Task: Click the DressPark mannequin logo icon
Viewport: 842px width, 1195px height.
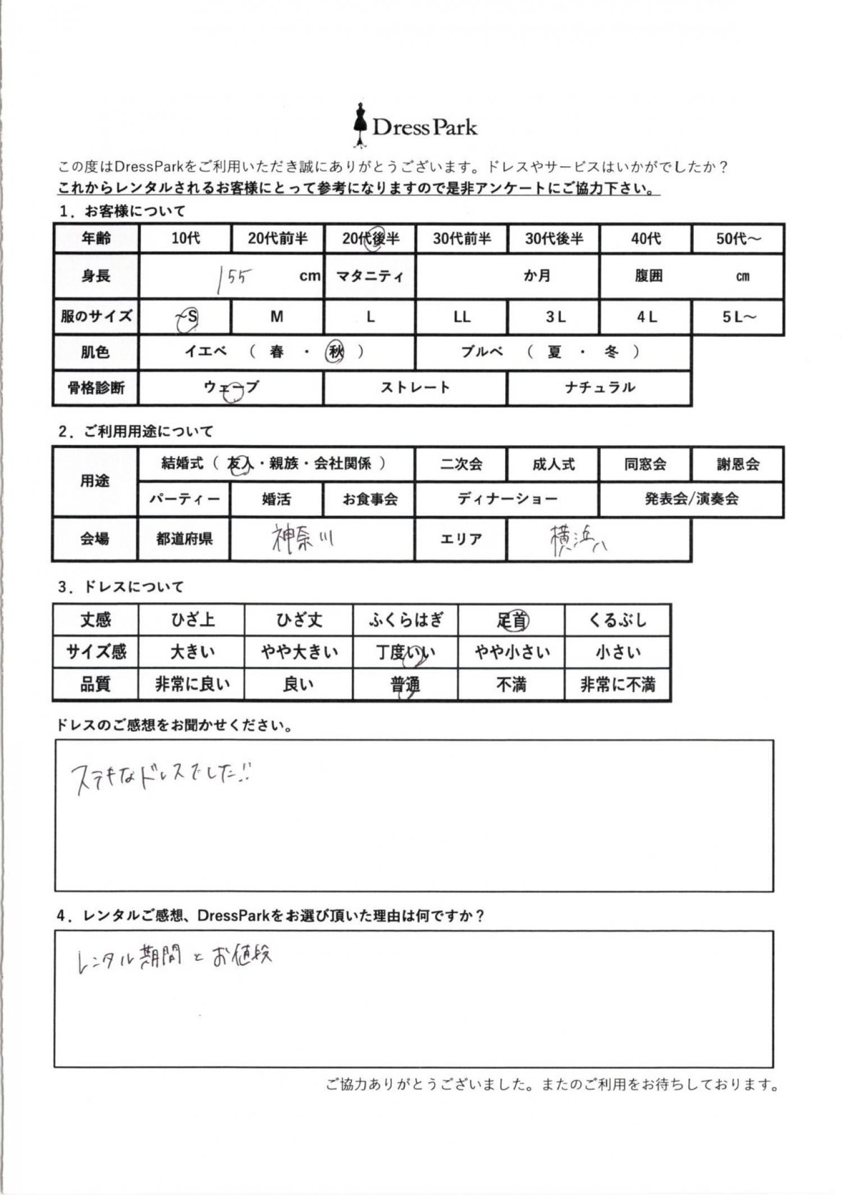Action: (360, 125)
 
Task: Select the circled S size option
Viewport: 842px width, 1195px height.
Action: (189, 318)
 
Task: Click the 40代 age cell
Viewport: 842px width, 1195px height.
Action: (646, 239)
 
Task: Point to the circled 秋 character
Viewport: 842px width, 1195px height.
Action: (336, 352)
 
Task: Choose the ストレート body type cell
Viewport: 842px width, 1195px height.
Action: (415, 387)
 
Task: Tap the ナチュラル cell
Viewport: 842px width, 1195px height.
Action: (599, 387)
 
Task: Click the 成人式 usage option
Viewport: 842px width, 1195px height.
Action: (553, 464)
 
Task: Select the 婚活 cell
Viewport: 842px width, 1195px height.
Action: (276, 499)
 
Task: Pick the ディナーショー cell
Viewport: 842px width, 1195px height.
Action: (507, 499)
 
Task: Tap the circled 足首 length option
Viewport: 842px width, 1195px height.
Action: (512, 620)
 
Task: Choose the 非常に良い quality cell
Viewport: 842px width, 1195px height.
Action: (192, 684)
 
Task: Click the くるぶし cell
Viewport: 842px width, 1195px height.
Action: (617, 620)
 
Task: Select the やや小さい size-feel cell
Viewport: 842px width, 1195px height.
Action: (512, 652)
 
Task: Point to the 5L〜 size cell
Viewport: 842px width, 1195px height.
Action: (738, 318)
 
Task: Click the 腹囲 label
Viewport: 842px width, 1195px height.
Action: (648, 276)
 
